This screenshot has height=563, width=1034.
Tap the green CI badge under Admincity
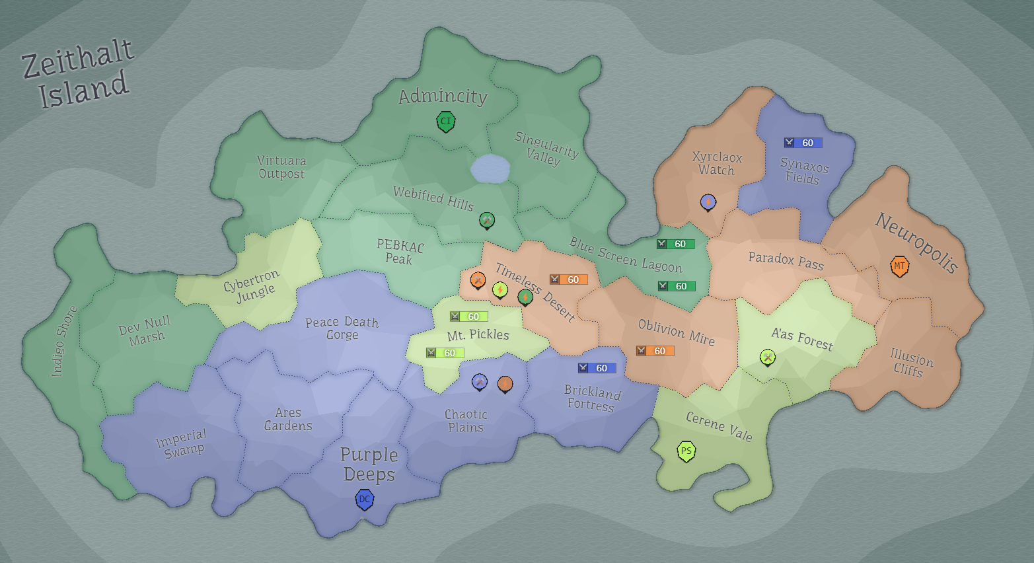tap(446, 122)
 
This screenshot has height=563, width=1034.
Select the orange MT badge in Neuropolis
tap(899, 266)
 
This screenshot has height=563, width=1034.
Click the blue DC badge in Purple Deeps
tap(364, 500)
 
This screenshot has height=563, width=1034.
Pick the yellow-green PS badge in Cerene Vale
tap(686, 451)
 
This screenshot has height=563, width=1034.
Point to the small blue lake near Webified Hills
tap(490, 169)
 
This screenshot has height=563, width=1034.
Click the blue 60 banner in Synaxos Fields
tap(803, 143)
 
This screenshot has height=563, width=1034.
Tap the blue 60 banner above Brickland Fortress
tap(597, 368)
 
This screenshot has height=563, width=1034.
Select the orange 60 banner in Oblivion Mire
tap(655, 351)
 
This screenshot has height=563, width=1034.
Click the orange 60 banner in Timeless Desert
tap(568, 280)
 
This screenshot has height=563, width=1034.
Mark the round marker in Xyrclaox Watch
tap(708, 202)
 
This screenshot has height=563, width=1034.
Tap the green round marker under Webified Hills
tap(486, 220)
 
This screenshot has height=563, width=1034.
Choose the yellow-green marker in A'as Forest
tap(767, 357)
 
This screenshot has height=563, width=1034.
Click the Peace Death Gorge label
tap(342, 328)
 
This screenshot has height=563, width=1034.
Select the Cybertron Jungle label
tap(252, 286)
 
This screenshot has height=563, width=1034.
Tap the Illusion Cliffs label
tap(910, 363)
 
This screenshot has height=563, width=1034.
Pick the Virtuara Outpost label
tap(281, 167)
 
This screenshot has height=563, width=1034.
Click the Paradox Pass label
tap(786, 261)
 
